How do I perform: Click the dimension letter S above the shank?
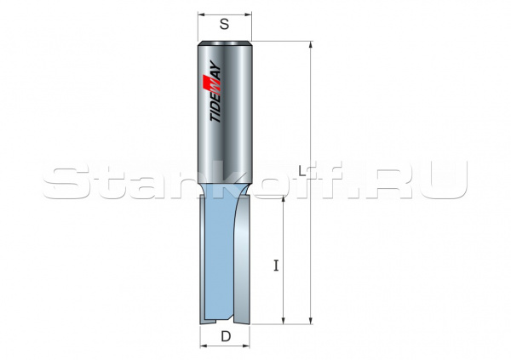[225, 25]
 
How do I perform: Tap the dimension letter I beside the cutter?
[275, 265]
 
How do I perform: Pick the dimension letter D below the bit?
[226, 337]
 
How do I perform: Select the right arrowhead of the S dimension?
[250, 14]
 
